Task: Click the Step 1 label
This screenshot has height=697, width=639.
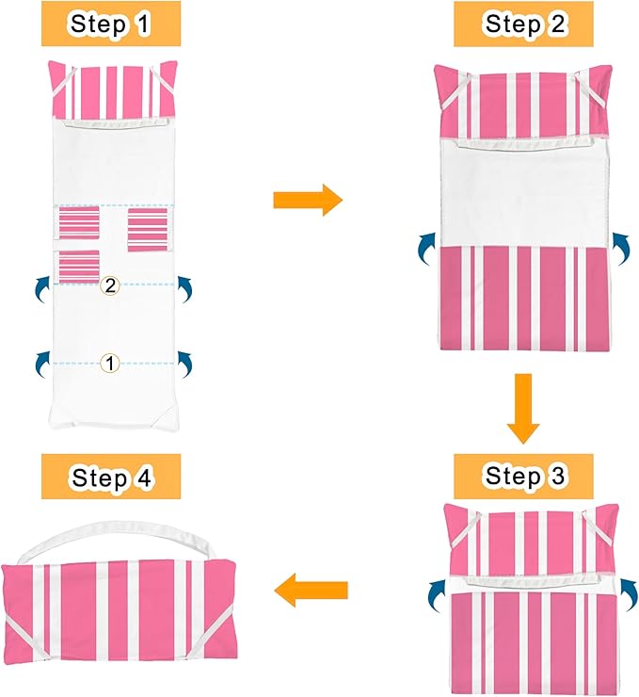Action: pos(110,24)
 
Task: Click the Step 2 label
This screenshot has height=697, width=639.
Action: pos(523,24)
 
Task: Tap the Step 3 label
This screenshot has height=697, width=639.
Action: pos(523,476)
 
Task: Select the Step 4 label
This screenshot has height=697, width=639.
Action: pos(111,477)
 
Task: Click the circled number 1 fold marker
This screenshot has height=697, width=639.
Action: pos(110,364)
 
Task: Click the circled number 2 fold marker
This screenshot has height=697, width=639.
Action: pos(110,285)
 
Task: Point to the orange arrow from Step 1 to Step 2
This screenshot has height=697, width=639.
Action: pos(308,200)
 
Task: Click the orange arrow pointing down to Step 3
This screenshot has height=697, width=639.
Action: pos(523,409)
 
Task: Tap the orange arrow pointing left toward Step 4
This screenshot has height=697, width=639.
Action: pos(311,591)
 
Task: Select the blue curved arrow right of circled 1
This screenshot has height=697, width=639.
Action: pos(185,365)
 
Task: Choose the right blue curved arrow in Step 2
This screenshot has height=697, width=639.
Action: pos(621,247)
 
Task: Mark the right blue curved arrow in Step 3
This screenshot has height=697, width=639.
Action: pos(629,595)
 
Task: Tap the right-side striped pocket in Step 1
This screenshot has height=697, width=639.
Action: pos(149,229)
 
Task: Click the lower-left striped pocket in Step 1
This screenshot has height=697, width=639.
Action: pos(78,266)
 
